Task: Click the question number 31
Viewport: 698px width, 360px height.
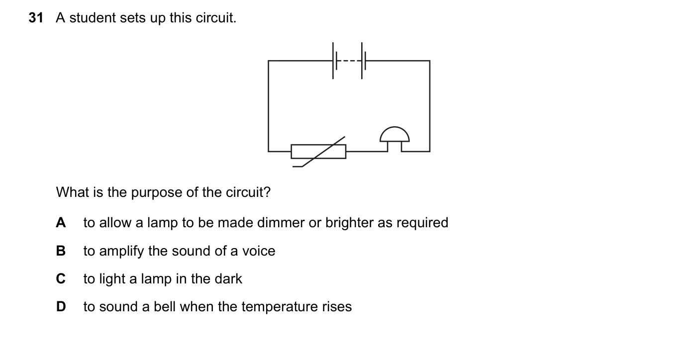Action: [x=36, y=18]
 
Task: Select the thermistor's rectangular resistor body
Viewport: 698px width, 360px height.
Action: [x=318, y=152]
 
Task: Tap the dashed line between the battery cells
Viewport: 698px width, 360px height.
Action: [x=349, y=61]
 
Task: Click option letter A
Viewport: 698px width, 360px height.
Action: [x=61, y=223]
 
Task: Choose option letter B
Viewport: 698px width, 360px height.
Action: [x=61, y=251]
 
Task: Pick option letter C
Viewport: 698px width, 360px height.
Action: [x=61, y=279]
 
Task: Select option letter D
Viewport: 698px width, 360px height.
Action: [x=61, y=307]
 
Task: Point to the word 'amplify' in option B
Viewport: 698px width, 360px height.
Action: [x=121, y=252]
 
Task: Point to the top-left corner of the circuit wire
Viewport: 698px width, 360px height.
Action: [x=268, y=61]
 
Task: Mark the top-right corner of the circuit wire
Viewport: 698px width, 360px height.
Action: [x=430, y=61]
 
